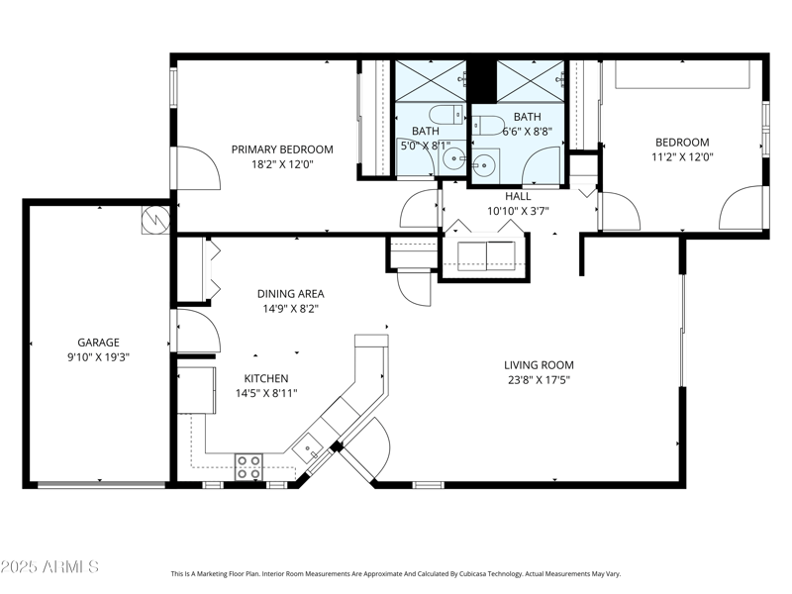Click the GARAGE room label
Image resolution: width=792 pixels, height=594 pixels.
(x=98, y=343)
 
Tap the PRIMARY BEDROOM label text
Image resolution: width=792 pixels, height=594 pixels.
(x=282, y=149)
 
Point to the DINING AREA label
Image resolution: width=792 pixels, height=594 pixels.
(x=290, y=293)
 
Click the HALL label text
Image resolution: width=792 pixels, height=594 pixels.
(x=517, y=196)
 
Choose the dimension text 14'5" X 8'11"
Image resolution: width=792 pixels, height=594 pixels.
(x=266, y=393)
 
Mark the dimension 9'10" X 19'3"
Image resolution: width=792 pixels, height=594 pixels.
(x=98, y=356)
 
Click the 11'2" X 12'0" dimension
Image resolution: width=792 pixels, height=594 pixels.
(x=681, y=156)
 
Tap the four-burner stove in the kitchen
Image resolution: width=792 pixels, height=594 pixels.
(x=247, y=466)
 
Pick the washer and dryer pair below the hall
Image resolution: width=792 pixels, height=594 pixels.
(x=485, y=254)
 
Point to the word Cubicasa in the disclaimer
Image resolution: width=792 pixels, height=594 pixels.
(x=470, y=573)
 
